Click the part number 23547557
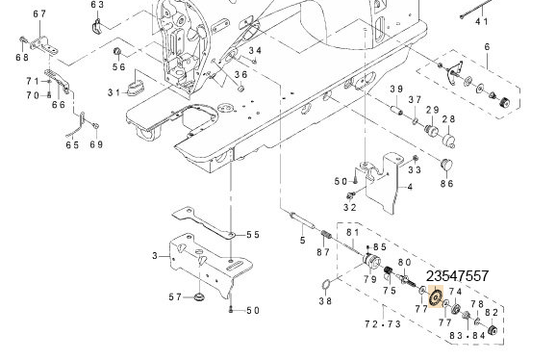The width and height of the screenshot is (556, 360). pos(457,275)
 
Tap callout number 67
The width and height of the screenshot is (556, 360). pos(38,13)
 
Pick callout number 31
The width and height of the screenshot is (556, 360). pos(114,92)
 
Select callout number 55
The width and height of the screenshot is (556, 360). pos(252,235)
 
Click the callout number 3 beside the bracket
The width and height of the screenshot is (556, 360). pos(155,255)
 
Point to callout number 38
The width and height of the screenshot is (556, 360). pos(325,301)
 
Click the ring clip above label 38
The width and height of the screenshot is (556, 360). pos(326,284)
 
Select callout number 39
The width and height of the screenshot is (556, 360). pos(395,90)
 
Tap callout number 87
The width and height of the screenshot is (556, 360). pos(323,252)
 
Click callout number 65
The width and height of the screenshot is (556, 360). pos(72,145)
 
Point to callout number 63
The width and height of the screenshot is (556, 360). pos(97,5)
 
